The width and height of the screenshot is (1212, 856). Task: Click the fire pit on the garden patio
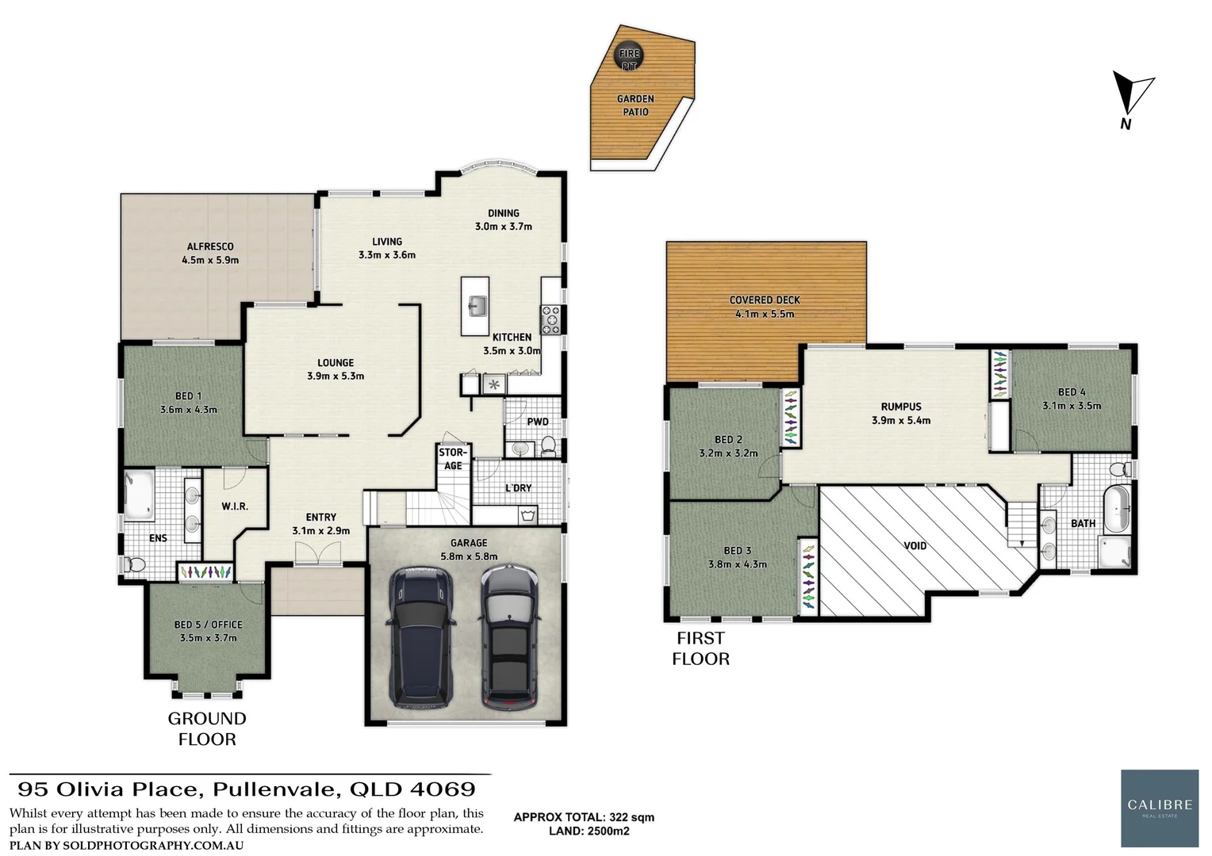[629, 56]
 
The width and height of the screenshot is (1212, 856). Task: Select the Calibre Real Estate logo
[1159, 808]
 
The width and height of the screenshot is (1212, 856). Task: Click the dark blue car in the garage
[420, 636]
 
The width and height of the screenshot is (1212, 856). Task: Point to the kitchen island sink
[477, 305]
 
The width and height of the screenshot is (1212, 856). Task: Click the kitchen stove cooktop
[550, 319]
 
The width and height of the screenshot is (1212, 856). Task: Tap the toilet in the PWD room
[548, 448]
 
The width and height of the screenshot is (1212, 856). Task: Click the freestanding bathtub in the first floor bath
[1116, 509]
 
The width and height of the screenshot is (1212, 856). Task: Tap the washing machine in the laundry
[527, 516]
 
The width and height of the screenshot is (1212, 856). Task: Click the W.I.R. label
[234, 506]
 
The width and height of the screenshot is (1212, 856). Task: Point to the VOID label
[915, 545]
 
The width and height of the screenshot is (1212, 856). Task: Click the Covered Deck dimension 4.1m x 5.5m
[765, 314]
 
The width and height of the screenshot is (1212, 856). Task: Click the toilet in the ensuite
[135, 565]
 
